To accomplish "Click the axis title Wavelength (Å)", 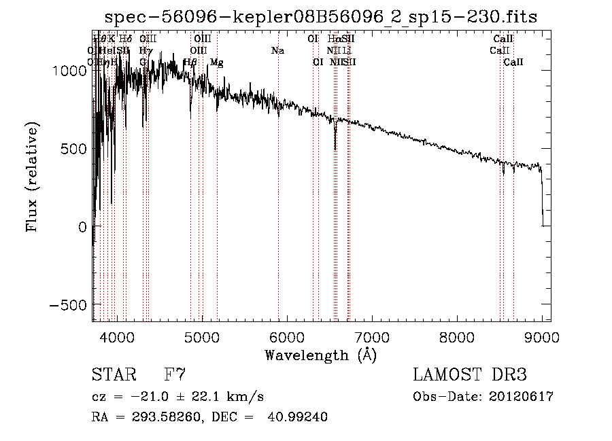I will (x=320, y=355).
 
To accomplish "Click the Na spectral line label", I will (x=277, y=51).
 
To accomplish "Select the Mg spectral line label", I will (x=216, y=63).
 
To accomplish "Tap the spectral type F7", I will (x=175, y=375).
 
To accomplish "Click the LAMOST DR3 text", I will (x=470, y=375).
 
